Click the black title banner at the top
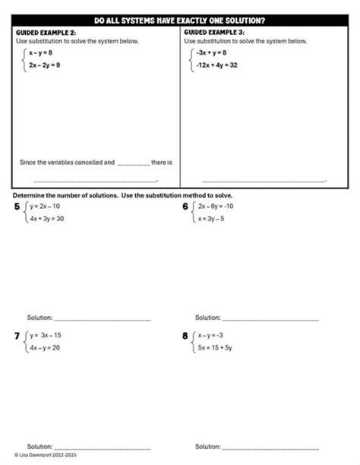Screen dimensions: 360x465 point(180,21)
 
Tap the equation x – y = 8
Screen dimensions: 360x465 point(40,53)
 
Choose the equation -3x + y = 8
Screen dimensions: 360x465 point(210,53)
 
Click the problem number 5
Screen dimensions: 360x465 point(18,207)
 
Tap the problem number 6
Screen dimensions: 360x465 point(185,207)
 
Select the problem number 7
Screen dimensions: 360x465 point(18,335)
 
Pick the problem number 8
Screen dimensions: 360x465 point(185,335)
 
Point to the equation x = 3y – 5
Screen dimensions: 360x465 point(215,219)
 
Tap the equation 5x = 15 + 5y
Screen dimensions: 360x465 point(216,347)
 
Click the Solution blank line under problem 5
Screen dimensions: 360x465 point(103,318)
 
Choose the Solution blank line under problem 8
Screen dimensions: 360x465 point(270,448)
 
